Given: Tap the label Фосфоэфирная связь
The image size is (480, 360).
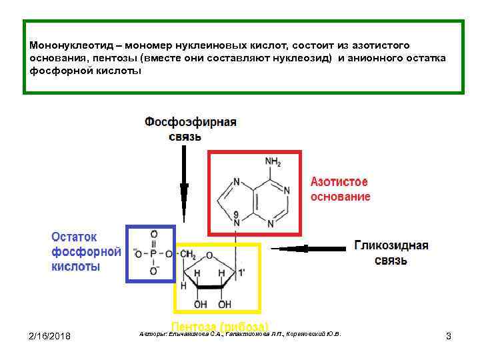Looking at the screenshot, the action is [x=191, y=129].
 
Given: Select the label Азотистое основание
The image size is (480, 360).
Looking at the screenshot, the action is [x=341, y=189].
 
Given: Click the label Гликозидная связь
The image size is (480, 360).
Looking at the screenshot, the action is [x=391, y=253].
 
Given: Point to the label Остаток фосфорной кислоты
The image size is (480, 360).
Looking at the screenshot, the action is [x=86, y=251].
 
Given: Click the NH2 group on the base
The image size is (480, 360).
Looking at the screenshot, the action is [x=273, y=162].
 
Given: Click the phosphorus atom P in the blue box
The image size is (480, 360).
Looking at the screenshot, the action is [x=154, y=254].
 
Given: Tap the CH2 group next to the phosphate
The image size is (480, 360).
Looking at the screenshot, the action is [x=187, y=254].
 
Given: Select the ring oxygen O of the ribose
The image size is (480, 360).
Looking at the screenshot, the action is [x=210, y=255].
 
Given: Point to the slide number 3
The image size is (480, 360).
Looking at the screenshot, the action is [x=448, y=336].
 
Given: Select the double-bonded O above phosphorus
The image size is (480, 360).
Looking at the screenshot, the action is [x=154, y=235].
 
